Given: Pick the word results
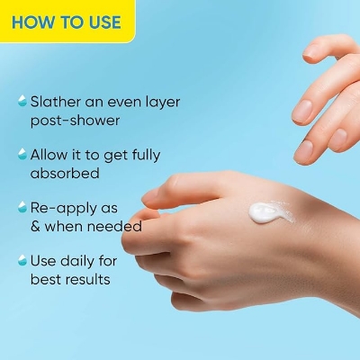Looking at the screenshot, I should coord(92,280).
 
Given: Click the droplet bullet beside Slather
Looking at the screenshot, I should coord(21,102).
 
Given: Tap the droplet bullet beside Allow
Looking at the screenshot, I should coord(21,155).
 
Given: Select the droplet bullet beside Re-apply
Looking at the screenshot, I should coord(21,208).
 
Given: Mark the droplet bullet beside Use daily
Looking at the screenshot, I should coord(21,261).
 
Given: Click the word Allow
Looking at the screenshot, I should coord(49,154).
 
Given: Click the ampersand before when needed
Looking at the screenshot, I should coord(38,227).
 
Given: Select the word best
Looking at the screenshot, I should coord(47,280).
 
